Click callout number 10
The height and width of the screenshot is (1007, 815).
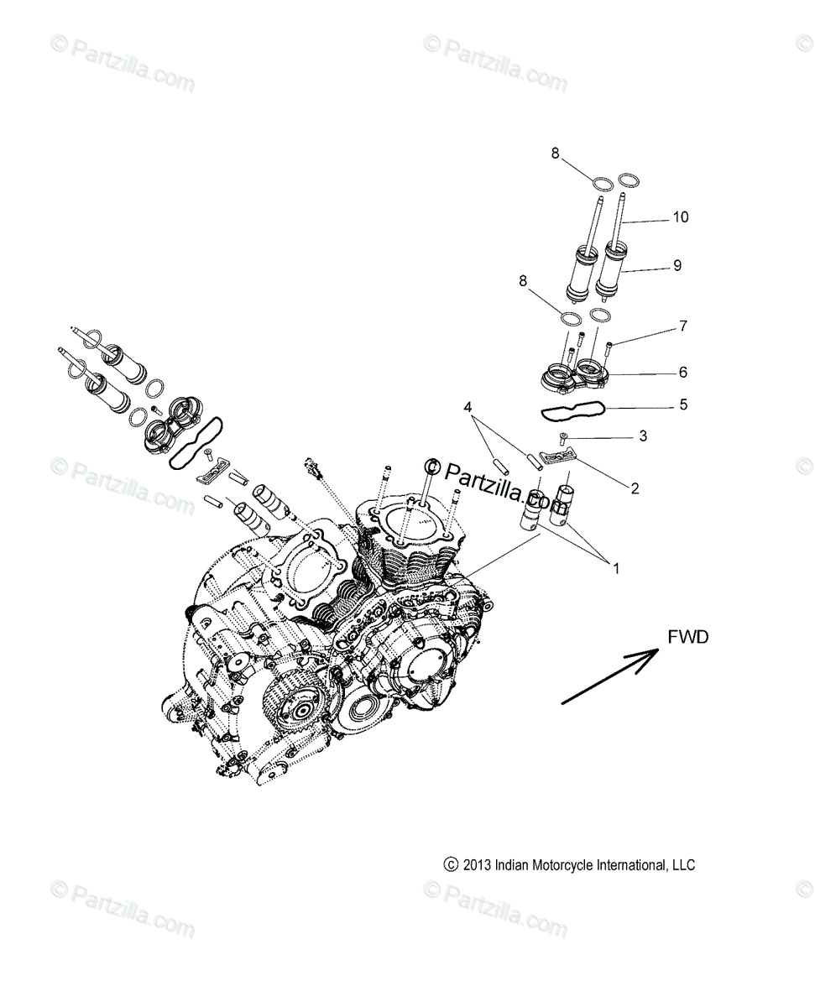pos(680,217)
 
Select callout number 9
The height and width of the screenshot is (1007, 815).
pos(677,265)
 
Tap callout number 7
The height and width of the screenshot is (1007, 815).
pos(683,326)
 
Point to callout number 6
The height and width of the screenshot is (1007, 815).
pos(683,372)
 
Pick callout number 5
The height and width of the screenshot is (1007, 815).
pos(683,404)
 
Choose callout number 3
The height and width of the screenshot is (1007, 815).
pos(643,436)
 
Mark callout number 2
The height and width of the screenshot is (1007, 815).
pos(635,488)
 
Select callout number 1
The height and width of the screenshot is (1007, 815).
pos(615,568)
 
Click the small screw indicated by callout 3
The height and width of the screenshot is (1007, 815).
pos(563,436)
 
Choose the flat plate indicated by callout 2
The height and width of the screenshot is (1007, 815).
pos(557,457)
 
